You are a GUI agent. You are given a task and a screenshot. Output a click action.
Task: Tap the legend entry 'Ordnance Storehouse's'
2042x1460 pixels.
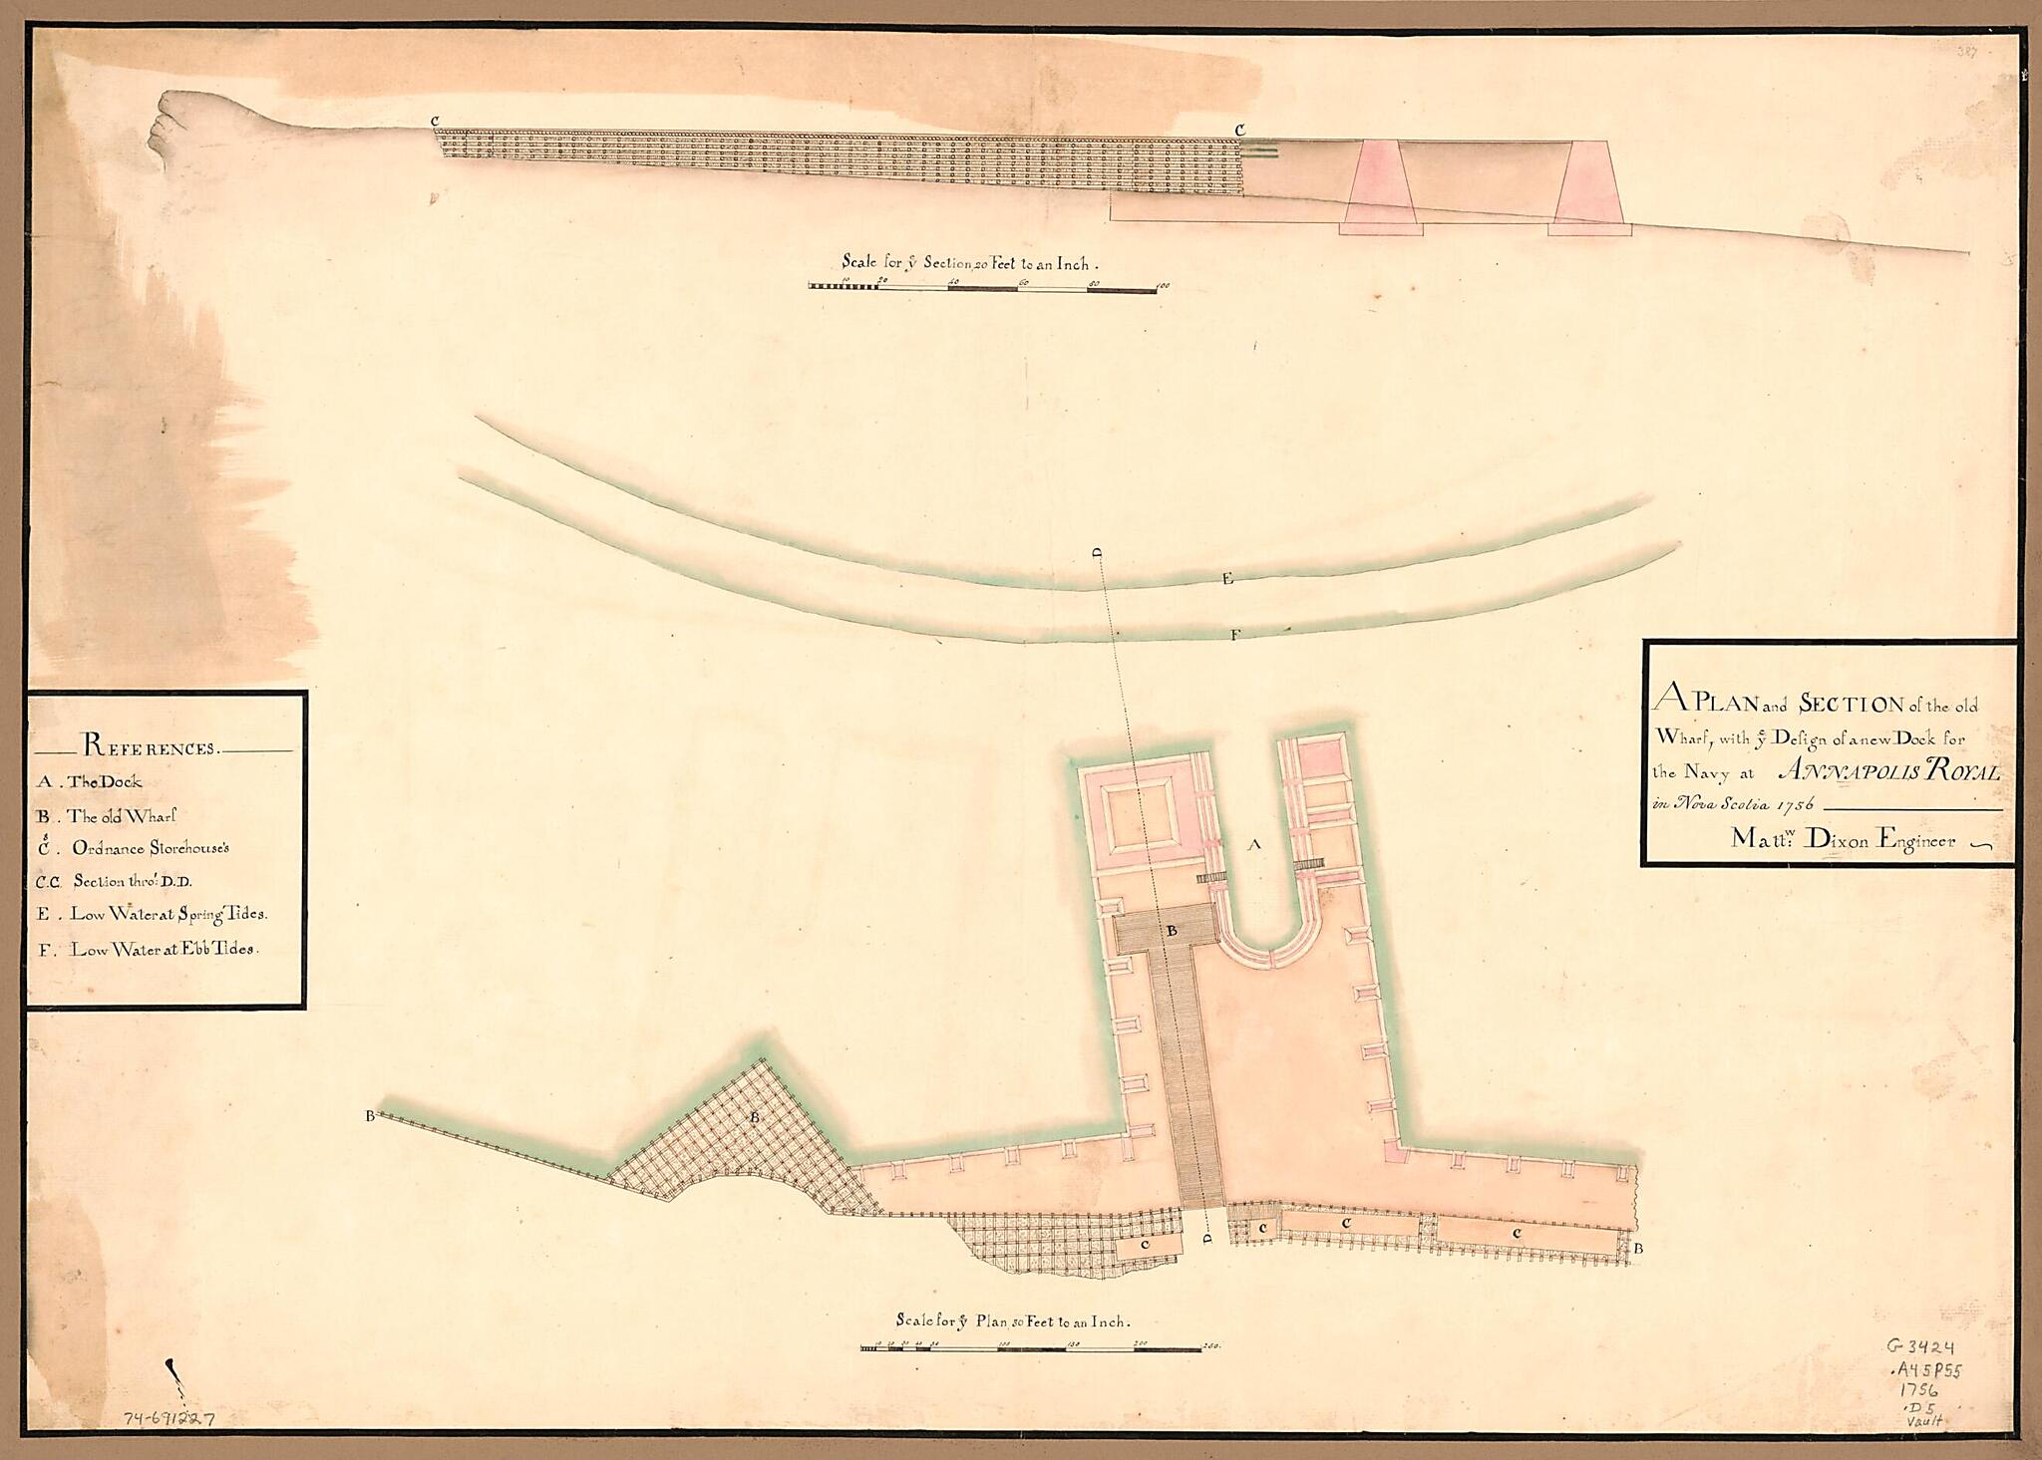(149, 848)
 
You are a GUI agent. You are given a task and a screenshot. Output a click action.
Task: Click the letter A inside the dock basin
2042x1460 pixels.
(1255, 845)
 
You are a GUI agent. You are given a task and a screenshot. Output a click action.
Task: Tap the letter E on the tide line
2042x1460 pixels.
(1226, 578)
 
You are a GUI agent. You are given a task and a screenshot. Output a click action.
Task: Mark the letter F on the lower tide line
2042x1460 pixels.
(1234, 634)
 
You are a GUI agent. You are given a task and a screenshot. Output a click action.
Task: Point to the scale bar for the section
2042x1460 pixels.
(982, 287)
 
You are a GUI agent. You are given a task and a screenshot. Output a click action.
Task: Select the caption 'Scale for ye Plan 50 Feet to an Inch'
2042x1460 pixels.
(1012, 1321)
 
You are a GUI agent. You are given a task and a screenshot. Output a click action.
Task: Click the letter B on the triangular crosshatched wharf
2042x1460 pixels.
(755, 1118)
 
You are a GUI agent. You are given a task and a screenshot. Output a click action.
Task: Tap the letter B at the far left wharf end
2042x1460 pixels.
(370, 1116)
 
